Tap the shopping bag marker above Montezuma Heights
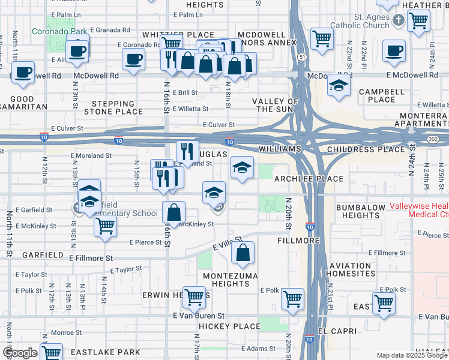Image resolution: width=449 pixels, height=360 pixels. (x=242, y=254)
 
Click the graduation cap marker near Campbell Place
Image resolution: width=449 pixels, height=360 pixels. (x=339, y=86)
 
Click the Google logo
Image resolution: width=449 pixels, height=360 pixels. (x=20, y=353)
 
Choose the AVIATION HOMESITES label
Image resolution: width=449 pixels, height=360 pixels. (x=351, y=269)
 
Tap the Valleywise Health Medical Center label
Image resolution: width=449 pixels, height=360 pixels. (x=418, y=210)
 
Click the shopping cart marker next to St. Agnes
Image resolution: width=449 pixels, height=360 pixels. (x=418, y=20)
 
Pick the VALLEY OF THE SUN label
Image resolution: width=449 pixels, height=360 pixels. (x=275, y=105)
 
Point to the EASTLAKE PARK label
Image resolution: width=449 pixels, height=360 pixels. (x=106, y=352)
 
